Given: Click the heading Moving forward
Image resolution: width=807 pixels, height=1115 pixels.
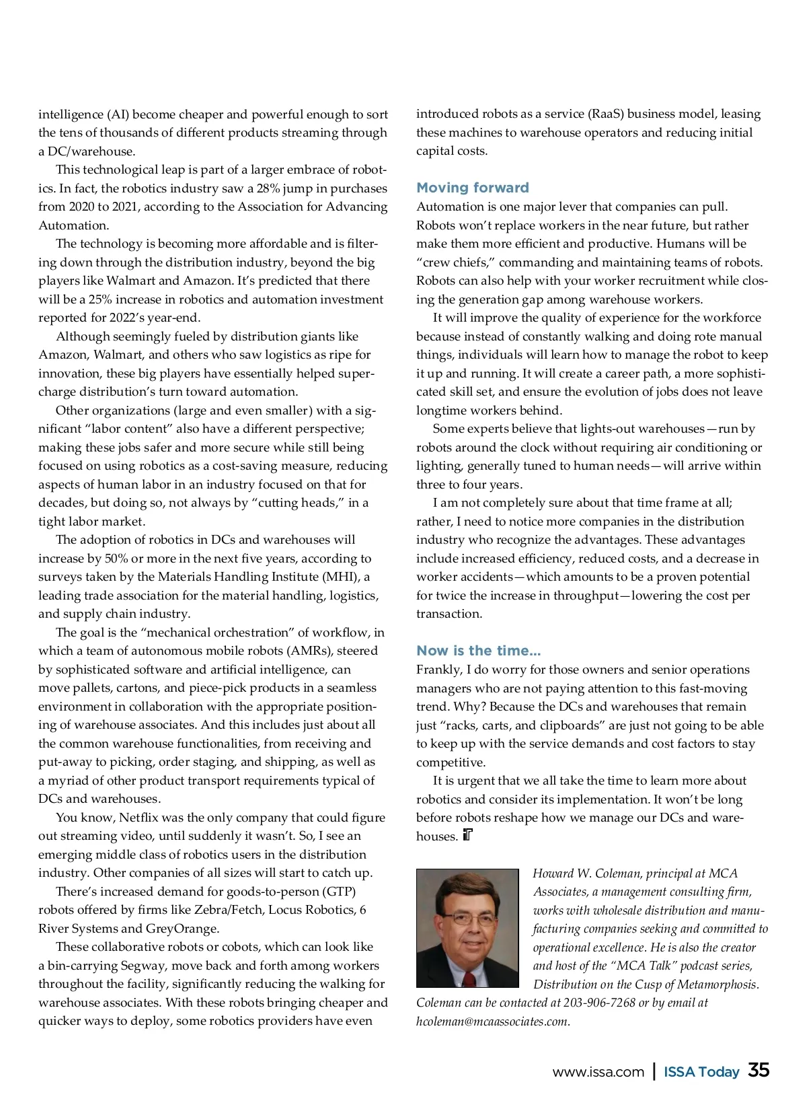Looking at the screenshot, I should pos(472,188).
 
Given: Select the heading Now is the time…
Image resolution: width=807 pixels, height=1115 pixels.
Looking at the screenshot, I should pos(478,651).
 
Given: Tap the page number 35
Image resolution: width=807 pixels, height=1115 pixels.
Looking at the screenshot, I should pos(759,1070).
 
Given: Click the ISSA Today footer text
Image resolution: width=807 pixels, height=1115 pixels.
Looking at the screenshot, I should pos(701,1072).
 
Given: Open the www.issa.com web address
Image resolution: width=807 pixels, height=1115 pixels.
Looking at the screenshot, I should pos(598,1072).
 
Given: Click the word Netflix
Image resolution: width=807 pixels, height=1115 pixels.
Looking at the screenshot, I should pos(143,818).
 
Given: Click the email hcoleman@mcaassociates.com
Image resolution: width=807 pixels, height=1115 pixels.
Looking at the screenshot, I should pos(493,1021).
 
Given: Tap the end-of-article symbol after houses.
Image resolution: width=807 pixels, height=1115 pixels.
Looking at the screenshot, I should pos(468,836).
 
